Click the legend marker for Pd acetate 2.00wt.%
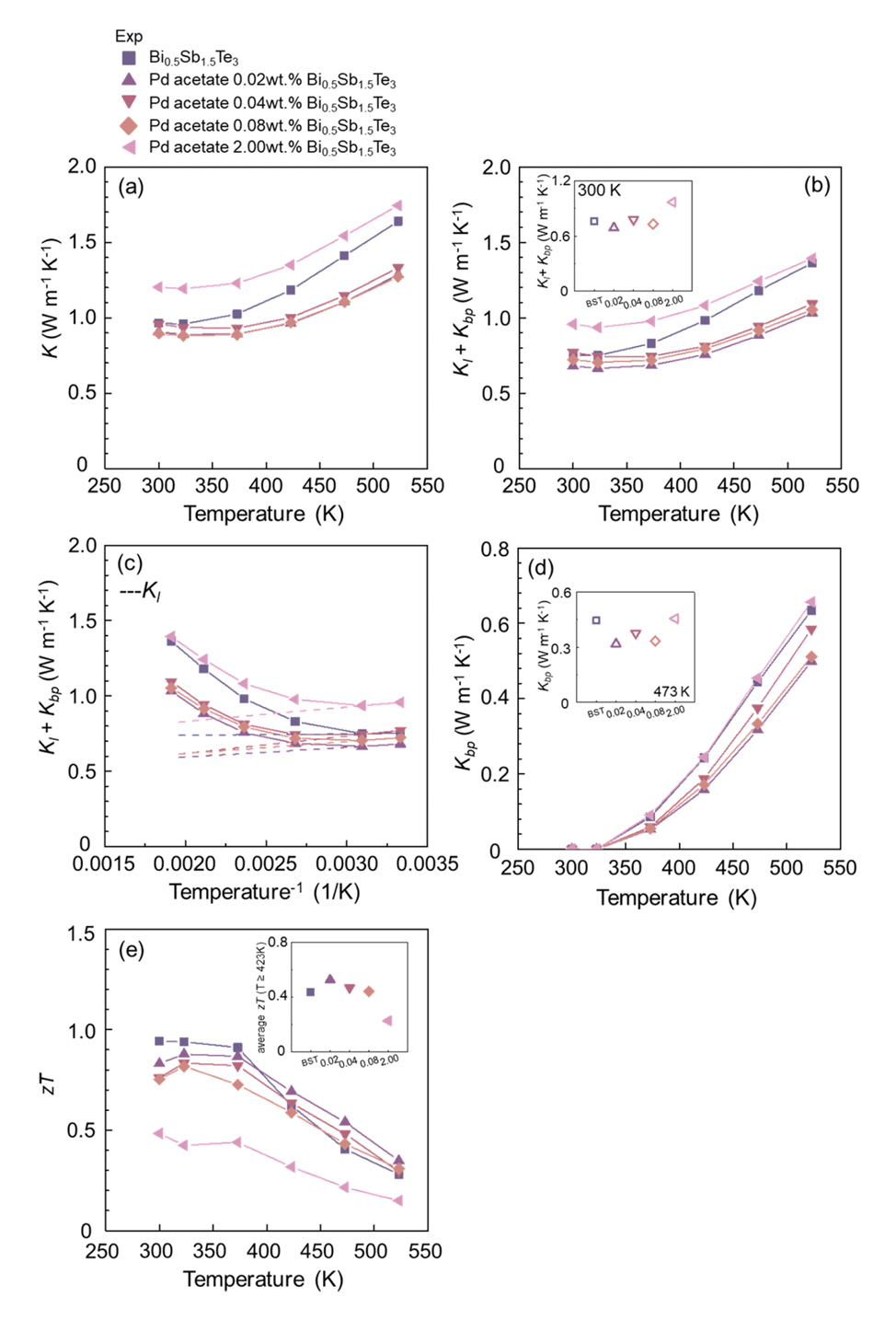pos(129,147)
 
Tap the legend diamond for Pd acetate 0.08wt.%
pos(129,125)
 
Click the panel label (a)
pos(132,187)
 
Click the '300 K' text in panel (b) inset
pos(599,191)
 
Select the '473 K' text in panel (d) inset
pos(672,691)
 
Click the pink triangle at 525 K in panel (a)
pos(397,205)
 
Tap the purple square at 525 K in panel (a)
pos(397,221)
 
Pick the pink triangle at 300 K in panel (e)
pos(158,1133)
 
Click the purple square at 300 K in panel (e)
pos(159,1041)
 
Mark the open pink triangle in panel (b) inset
pos(672,203)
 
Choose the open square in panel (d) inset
pos(596,620)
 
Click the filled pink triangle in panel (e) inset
pos(387,1021)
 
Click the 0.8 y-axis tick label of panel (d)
pos(495,550)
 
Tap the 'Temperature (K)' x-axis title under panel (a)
pos(264,514)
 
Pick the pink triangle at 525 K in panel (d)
pos(810,602)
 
